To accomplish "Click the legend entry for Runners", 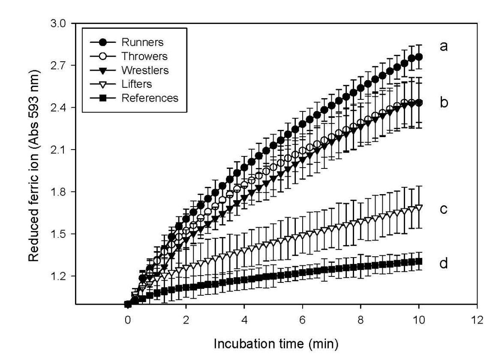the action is click(142, 42).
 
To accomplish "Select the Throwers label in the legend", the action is click(144, 56).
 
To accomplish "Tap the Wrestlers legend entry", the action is click(145, 70).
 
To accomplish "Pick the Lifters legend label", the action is click(137, 84).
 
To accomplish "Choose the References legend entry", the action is click(150, 98).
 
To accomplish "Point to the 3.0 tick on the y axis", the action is click(58, 24).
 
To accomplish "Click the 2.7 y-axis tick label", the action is click(58, 66).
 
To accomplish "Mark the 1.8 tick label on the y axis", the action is click(58, 192).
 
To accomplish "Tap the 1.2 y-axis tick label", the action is click(58, 276).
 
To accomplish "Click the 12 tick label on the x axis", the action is click(477, 320).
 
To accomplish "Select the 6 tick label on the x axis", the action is click(303, 320).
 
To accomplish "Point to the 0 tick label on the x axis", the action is click(127, 320).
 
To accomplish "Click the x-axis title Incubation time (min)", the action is click(276, 344).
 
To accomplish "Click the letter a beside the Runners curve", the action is click(443, 46).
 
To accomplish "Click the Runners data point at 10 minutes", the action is click(419, 57).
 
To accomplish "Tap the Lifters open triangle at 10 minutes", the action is click(419, 208).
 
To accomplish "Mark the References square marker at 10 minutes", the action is click(419, 261).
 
